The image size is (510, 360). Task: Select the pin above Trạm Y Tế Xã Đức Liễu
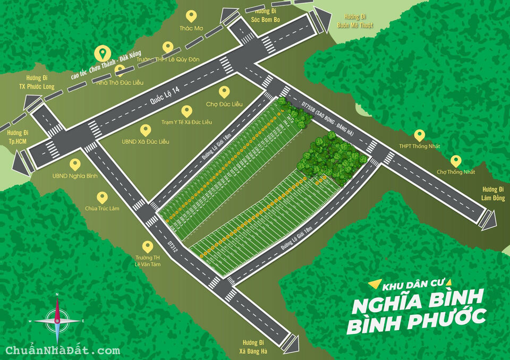(186, 111)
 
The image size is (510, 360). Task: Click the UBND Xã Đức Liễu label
(145, 142)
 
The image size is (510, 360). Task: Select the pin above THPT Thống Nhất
(420, 135)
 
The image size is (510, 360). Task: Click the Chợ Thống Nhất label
(455, 172)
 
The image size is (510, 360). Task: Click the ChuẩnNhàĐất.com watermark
(63, 350)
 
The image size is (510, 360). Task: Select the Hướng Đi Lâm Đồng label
(492, 193)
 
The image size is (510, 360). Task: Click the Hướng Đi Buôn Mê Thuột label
(355, 21)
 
